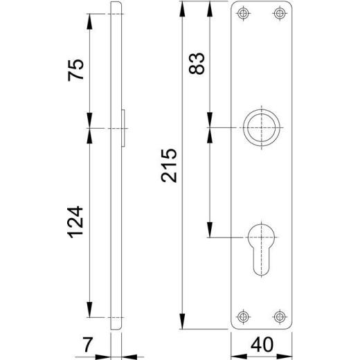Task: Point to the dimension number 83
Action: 197,64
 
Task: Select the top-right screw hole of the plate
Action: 279,13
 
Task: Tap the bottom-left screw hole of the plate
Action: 242,316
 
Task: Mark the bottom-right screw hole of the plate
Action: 279,316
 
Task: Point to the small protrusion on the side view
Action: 123,128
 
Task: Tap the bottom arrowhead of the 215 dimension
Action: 182,324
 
